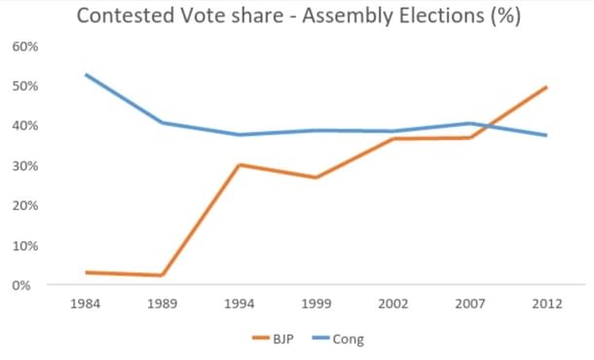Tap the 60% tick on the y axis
26,47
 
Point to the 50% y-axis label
26,87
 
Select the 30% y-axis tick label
26,166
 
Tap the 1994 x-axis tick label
239,304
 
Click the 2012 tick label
545,304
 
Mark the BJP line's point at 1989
163,275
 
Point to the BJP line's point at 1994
239,165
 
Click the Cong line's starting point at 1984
87,75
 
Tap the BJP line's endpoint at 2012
545,88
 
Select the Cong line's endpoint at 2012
545,135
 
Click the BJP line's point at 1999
316,178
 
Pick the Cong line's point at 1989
163,123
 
